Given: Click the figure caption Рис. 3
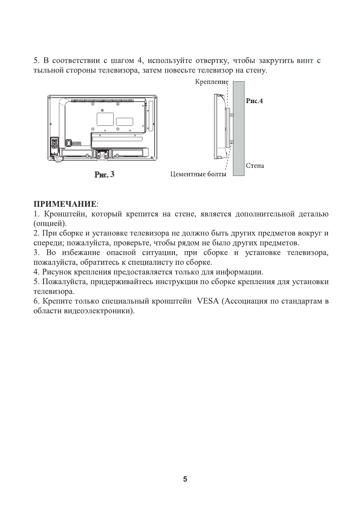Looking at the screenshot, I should point(104,174).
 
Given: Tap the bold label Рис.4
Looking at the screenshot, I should point(254,101).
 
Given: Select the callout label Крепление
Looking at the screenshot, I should point(211,82).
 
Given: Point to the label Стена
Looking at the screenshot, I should point(255,166).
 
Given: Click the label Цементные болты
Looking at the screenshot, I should point(198,174).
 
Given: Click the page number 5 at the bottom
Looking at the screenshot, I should point(185,479).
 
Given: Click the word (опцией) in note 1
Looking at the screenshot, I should point(50,224).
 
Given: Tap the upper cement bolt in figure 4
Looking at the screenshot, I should point(231,115).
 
